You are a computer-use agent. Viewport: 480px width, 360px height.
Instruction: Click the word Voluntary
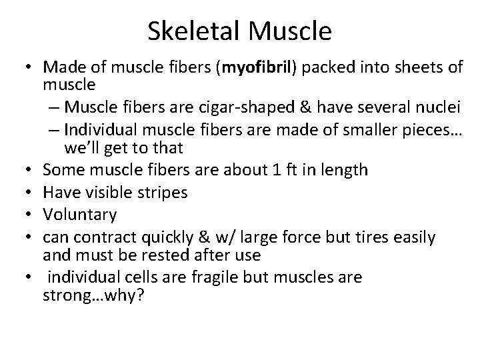(79, 215)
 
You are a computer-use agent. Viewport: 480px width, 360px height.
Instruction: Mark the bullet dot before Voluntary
(29, 215)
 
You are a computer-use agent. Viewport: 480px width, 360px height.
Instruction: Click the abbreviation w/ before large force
(225, 238)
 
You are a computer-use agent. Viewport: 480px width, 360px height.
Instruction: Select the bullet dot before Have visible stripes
(29, 192)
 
